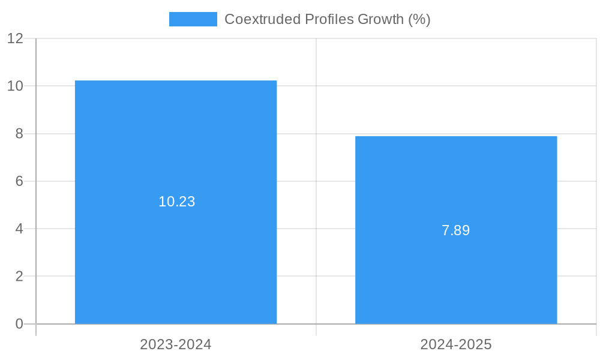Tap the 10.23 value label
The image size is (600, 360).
(x=177, y=202)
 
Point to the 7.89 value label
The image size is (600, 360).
(x=456, y=230)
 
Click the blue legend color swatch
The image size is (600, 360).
(x=193, y=19)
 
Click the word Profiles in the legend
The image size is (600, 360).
(x=329, y=19)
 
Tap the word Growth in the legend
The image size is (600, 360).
(x=381, y=19)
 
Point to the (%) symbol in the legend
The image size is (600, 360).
(x=419, y=19)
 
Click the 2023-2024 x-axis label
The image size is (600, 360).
(x=176, y=344)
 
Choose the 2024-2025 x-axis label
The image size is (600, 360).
(x=456, y=344)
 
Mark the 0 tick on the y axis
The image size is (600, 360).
(x=19, y=324)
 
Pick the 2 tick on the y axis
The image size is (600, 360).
(x=19, y=277)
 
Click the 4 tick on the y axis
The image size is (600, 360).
(x=19, y=229)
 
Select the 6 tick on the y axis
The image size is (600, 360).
(x=19, y=181)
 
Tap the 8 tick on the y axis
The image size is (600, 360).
(x=19, y=134)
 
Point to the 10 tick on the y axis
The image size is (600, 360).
(x=15, y=86)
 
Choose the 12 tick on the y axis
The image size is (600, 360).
(x=15, y=38)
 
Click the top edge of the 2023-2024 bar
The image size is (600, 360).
(x=176, y=81)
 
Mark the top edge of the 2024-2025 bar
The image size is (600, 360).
(x=456, y=137)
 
